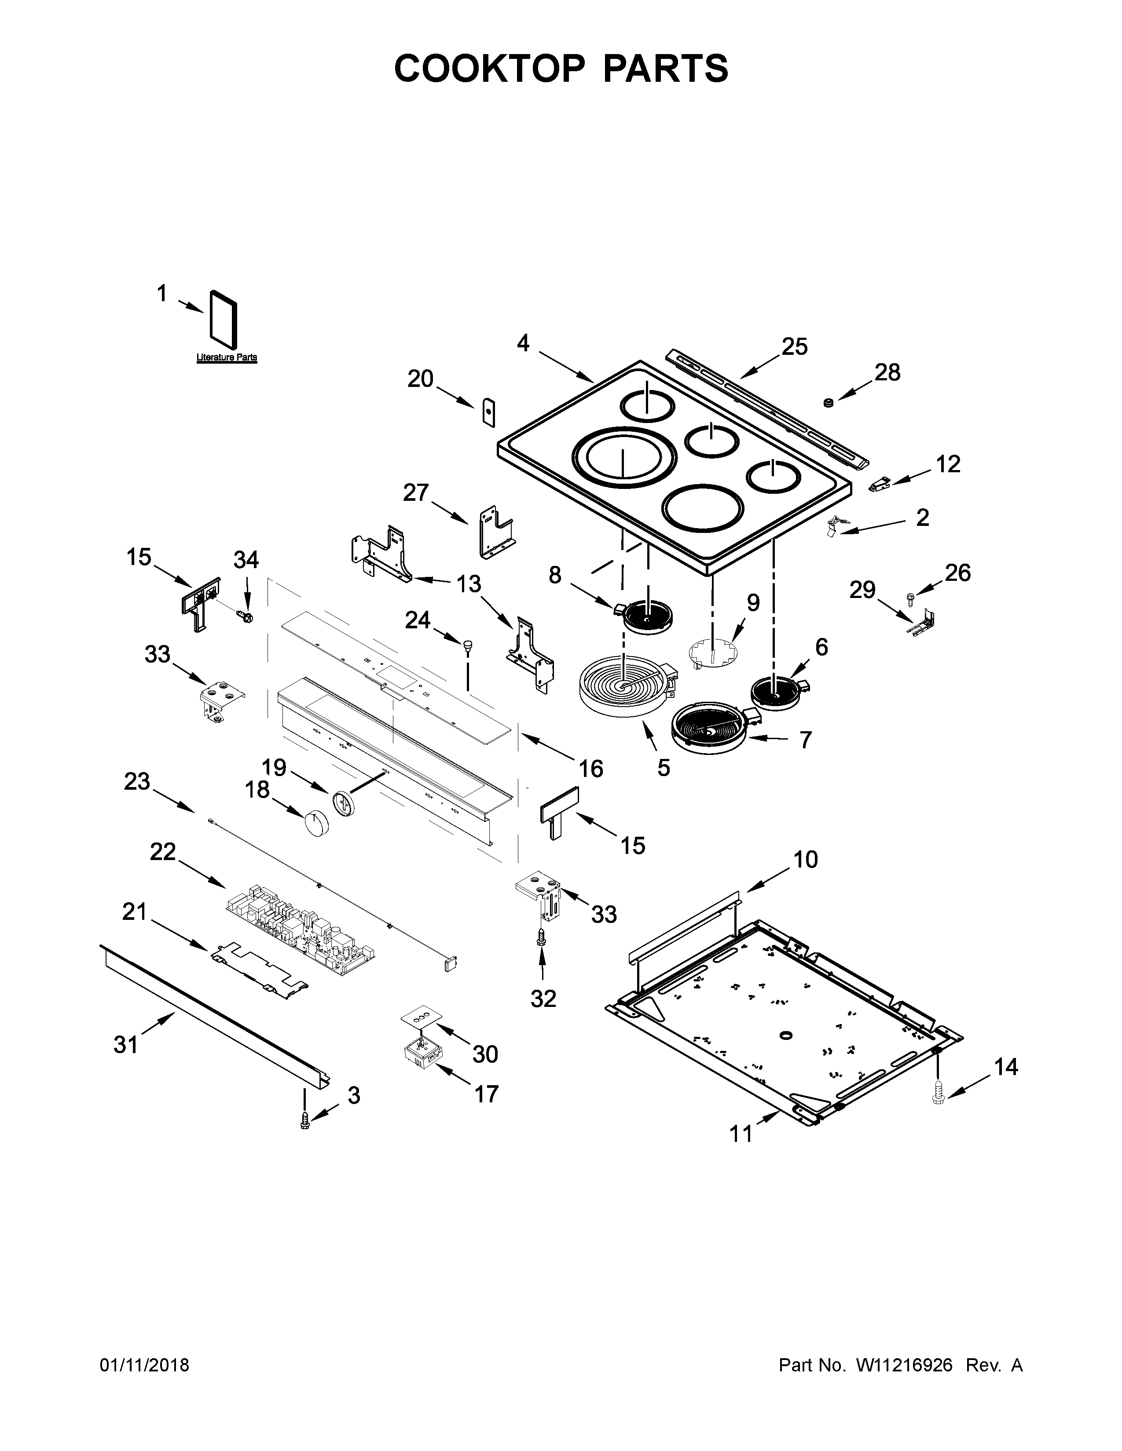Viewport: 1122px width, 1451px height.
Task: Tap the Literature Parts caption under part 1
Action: click(x=227, y=357)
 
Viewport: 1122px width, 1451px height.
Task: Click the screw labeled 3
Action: click(x=305, y=1121)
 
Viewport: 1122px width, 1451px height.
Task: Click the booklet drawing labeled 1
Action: click(x=224, y=320)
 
